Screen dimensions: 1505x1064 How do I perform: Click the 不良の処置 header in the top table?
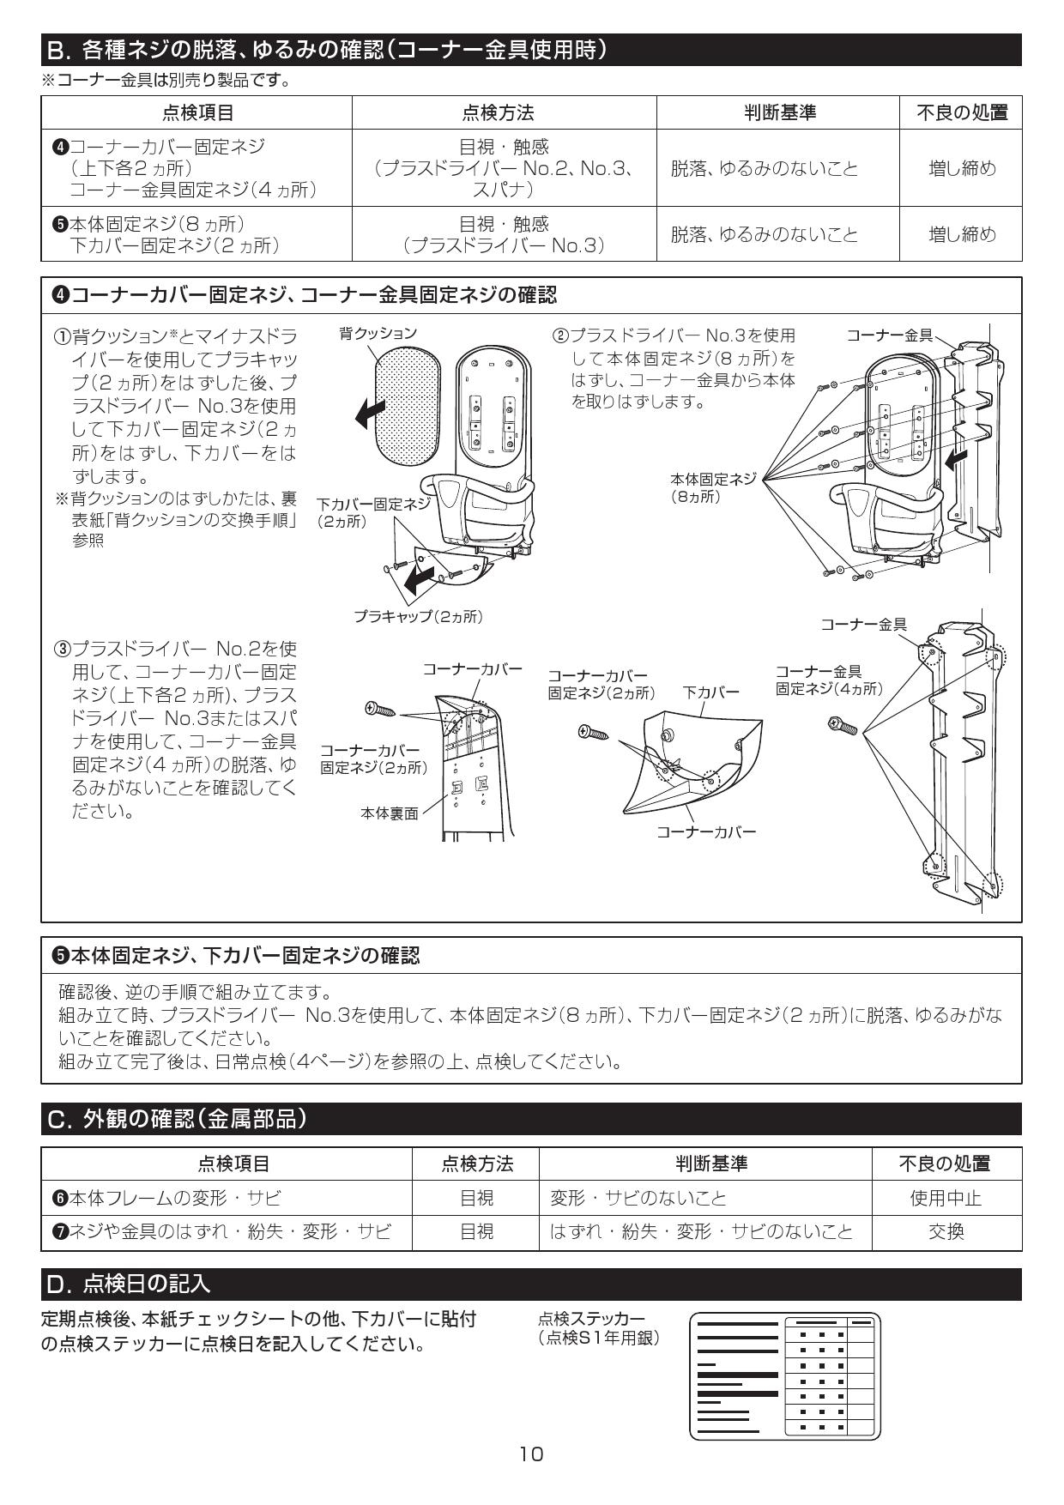[x=961, y=112]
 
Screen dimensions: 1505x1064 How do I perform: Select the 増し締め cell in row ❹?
[x=961, y=168]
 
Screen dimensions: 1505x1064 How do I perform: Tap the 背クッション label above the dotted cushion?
[x=378, y=333]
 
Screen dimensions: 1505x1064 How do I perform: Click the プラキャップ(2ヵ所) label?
[x=418, y=616]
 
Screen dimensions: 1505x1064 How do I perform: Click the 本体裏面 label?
[x=389, y=813]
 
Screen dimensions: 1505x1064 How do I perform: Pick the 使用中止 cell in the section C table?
[x=946, y=1198]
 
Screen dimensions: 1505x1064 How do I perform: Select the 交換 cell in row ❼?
[x=946, y=1232]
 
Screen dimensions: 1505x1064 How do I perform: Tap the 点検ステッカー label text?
[x=590, y=1318]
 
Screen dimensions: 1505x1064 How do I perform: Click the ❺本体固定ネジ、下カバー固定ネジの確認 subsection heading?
[x=236, y=955]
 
